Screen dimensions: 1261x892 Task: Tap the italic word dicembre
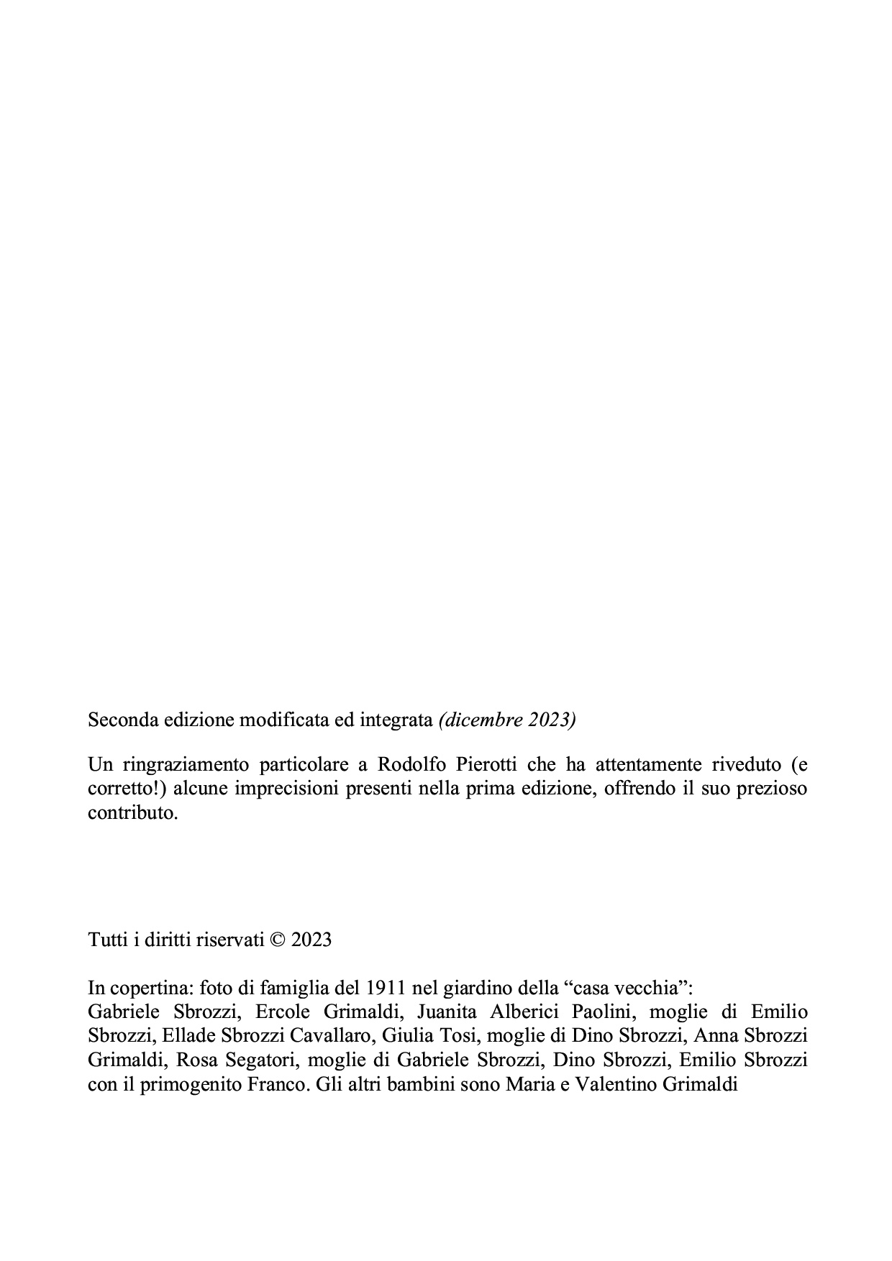pos(484,720)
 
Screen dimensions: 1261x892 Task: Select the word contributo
pos(132,813)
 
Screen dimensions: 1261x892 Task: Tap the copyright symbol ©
pos(277,940)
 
